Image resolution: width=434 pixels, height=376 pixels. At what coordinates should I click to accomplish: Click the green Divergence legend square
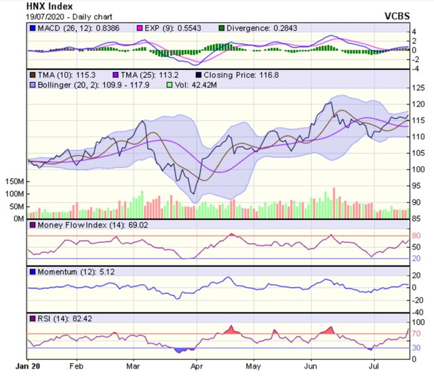pos(222,28)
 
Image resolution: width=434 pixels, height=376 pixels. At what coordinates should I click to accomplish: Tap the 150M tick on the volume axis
pos(14,183)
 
